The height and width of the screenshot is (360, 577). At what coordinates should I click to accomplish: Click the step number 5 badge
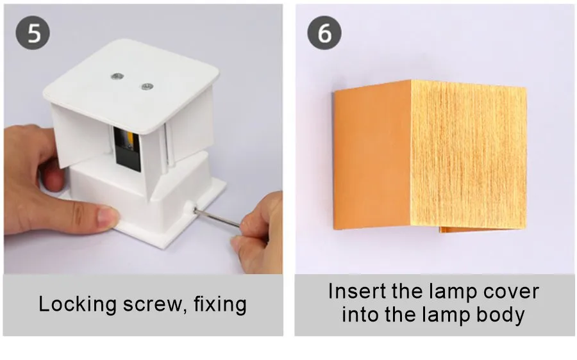pyautogui.click(x=33, y=33)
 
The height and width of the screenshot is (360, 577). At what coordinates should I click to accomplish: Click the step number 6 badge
pyautogui.click(x=324, y=33)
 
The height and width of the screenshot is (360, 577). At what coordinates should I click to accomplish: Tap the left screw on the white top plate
pyautogui.click(x=117, y=76)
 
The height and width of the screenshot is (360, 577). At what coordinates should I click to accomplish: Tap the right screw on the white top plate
pyautogui.click(x=147, y=86)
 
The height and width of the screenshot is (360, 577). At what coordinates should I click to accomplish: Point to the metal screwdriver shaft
pyautogui.click(x=217, y=218)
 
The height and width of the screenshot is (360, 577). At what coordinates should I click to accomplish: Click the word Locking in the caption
pyautogui.click(x=78, y=305)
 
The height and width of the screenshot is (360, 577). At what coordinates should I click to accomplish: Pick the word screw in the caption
pyautogui.click(x=152, y=305)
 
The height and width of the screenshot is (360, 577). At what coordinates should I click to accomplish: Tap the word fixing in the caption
pyautogui.click(x=220, y=305)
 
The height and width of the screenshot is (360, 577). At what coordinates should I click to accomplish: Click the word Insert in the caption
pyautogui.click(x=357, y=291)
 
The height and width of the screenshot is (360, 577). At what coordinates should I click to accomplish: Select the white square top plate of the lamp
pyautogui.click(x=131, y=86)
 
